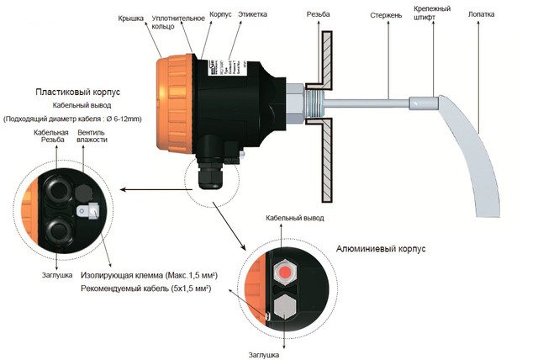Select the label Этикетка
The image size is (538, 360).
[x=255, y=14]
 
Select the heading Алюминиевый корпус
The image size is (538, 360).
[x=381, y=249]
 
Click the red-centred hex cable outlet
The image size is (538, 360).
[x=285, y=272]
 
